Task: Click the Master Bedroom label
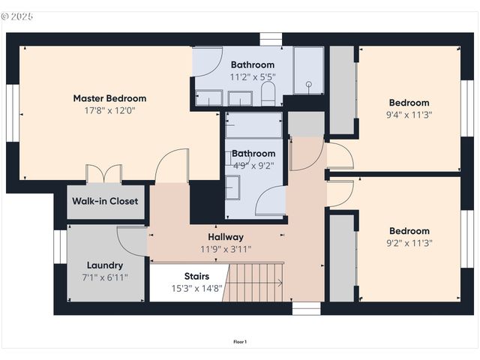[x=109, y=98]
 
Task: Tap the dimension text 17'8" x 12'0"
[x=109, y=110]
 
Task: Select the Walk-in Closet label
[x=105, y=201]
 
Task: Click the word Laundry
[x=105, y=265]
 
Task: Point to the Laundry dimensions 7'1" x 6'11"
[x=105, y=277]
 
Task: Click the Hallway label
[x=226, y=237]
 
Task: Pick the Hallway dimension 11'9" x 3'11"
[x=226, y=249]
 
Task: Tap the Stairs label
[x=186, y=276]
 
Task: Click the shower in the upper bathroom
[x=308, y=70]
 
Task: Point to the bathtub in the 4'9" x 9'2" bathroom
[x=253, y=125]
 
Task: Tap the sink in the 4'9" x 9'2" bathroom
[x=233, y=187]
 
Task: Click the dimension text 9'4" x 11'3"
[x=409, y=115]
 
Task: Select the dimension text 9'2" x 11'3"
[x=409, y=243]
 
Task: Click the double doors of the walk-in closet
[x=104, y=174]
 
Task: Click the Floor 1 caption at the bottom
[x=240, y=342]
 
